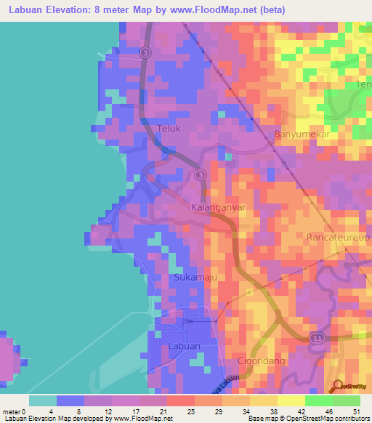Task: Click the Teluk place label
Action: tap(169, 129)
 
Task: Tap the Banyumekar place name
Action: tap(302, 134)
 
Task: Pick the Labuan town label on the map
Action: tap(183, 346)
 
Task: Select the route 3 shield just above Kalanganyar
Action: tap(201, 175)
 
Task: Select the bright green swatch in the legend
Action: tap(318, 400)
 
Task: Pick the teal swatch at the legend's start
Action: tap(42, 400)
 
